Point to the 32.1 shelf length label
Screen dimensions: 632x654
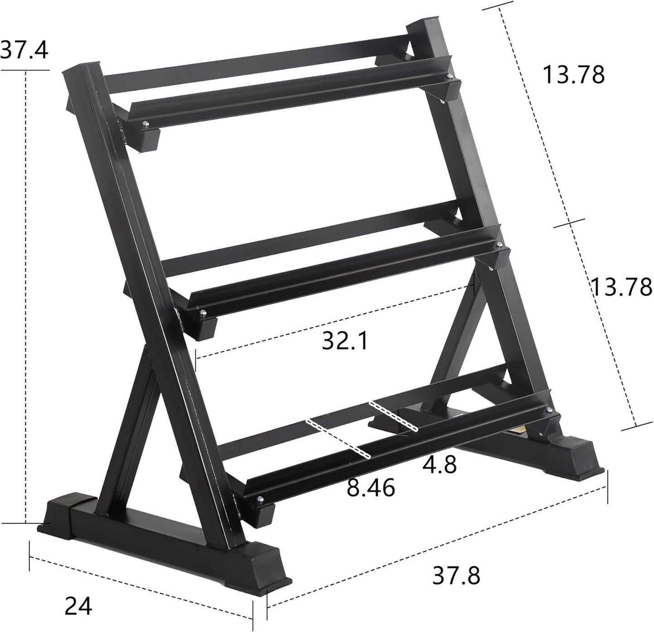coord(345,341)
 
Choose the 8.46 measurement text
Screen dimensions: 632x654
coord(371,488)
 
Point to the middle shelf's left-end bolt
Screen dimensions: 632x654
coord(202,312)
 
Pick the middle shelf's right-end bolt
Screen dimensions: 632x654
coord(499,245)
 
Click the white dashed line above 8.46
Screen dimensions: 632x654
coord(339,438)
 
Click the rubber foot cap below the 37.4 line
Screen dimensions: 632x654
coord(61,516)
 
